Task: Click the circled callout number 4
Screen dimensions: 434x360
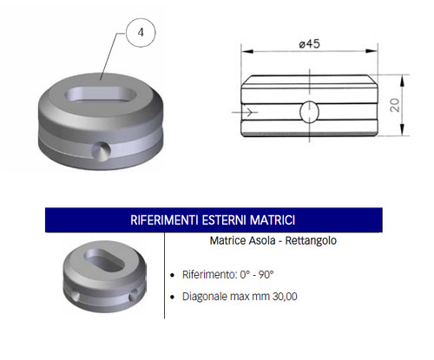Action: click(x=141, y=32)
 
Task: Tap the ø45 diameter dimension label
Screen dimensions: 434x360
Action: click(x=309, y=44)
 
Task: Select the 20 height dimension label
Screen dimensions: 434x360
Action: click(x=395, y=105)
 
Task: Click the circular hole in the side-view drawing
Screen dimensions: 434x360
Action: click(x=309, y=112)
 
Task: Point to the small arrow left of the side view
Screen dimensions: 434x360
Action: click(x=245, y=112)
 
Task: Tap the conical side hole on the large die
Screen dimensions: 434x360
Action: click(x=101, y=151)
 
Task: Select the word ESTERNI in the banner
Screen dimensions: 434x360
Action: click(x=224, y=220)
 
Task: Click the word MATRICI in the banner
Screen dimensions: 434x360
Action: click(x=273, y=220)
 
